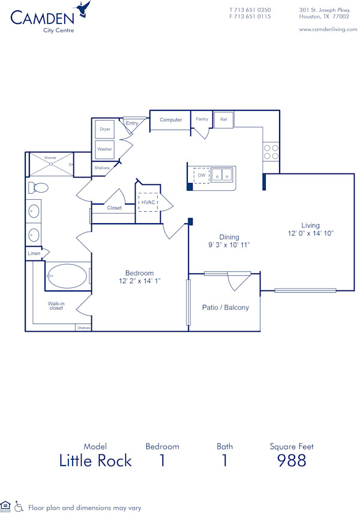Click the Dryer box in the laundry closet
tap(105, 130)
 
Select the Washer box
tap(105, 149)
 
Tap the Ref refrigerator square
tap(223, 119)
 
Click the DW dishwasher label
tap(202, 175)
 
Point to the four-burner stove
tap(271, 152)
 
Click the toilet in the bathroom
tap(38, 188)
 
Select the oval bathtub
tap(67, 276)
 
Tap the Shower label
tap(50, 158)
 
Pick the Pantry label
tap(202, 119)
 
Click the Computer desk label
tap(170, 120)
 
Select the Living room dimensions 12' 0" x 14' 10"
tap(310, 233)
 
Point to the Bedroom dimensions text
tap(139, 280)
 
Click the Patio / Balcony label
tap(225, 308)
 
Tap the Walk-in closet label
tap(56, 306)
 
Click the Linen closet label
tap(34, 254)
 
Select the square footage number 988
tap(291, 460)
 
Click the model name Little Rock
tap(95, 460)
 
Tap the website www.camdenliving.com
tap(328, 29)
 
